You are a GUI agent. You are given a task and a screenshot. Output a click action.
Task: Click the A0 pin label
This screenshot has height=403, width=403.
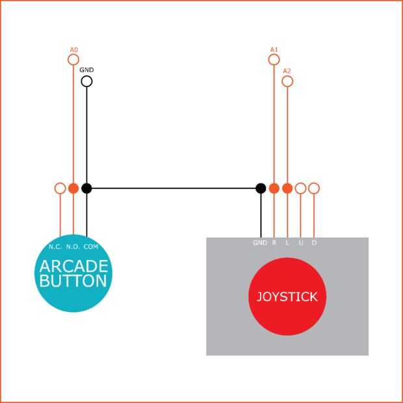click(73, 49)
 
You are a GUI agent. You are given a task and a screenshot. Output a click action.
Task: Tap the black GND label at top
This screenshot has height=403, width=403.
click(86, 70)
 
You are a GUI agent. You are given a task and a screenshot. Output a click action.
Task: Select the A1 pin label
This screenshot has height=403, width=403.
click(274, 49)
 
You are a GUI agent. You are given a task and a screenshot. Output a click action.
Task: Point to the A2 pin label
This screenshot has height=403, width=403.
click(287, 70)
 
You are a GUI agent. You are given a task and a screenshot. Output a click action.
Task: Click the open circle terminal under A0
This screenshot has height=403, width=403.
click(73, 59)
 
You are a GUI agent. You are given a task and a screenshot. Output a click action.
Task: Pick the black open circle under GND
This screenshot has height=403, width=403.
click(86, 81)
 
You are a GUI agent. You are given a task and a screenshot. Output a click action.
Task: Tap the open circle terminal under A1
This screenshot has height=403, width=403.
click(274, 59)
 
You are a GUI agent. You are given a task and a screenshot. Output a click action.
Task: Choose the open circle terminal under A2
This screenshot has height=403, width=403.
click(287, 81)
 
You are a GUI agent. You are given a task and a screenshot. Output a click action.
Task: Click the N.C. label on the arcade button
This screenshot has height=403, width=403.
click(55, 247)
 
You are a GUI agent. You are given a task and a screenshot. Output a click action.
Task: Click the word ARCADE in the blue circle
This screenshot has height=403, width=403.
click(73, 266)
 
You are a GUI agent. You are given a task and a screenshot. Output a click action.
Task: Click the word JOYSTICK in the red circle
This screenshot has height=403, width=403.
click(287, 297)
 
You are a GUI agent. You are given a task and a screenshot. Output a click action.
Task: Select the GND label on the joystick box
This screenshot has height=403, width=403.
click(260, 242)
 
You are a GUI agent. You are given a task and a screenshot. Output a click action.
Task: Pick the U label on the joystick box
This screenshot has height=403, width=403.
click(301, 242)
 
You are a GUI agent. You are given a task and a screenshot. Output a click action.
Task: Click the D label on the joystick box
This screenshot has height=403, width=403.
click(314, 242)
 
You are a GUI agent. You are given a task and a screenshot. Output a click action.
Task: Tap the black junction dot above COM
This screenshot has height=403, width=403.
click(86, 188)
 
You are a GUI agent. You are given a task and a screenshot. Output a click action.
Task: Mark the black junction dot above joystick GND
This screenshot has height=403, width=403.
click(261, 188)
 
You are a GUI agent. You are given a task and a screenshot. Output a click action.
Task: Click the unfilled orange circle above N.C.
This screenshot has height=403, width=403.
click(60, 188)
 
